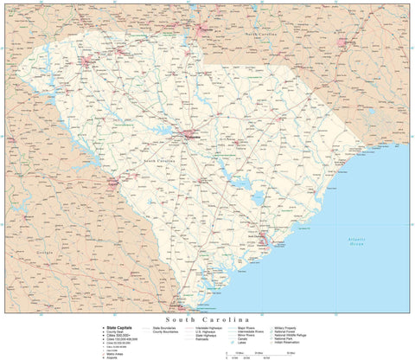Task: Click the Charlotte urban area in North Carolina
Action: (205, 31)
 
